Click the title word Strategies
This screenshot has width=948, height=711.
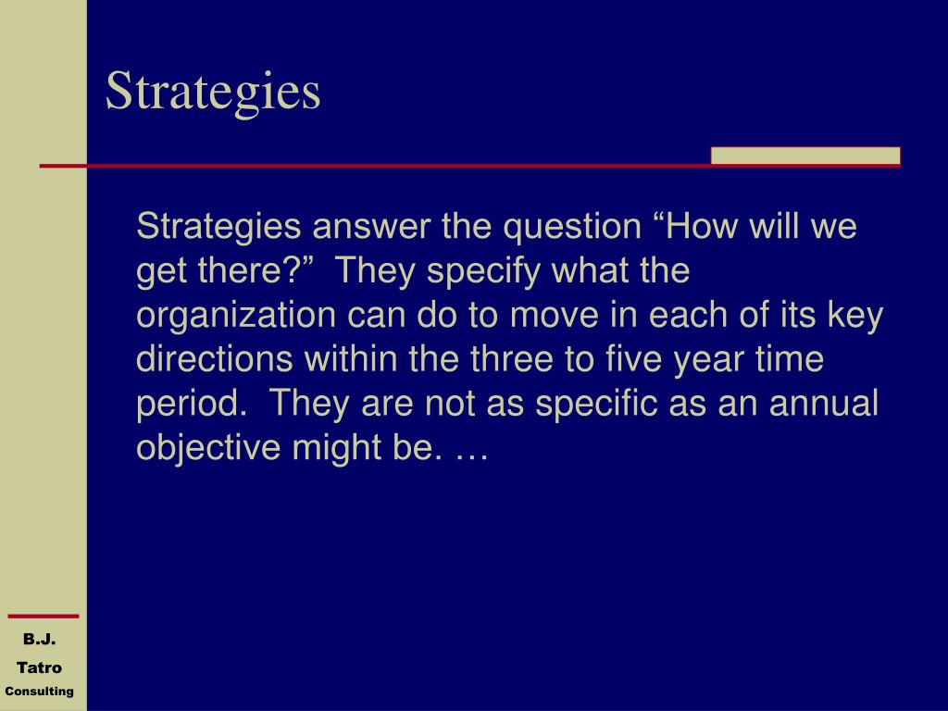coord(213,92)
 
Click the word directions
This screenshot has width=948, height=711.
coord(215,359)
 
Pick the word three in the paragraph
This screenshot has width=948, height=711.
coord(511,359)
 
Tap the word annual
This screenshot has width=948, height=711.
coord(823,404)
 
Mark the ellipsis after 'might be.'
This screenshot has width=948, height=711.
coord(468,457)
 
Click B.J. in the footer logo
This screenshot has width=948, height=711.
coord(39,639)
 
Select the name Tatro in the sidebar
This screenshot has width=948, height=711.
coord(39,667)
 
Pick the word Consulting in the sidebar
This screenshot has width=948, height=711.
coord(39,691)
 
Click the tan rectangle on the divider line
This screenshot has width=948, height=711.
coord(805,156)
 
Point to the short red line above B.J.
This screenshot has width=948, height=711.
coord(44,616)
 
